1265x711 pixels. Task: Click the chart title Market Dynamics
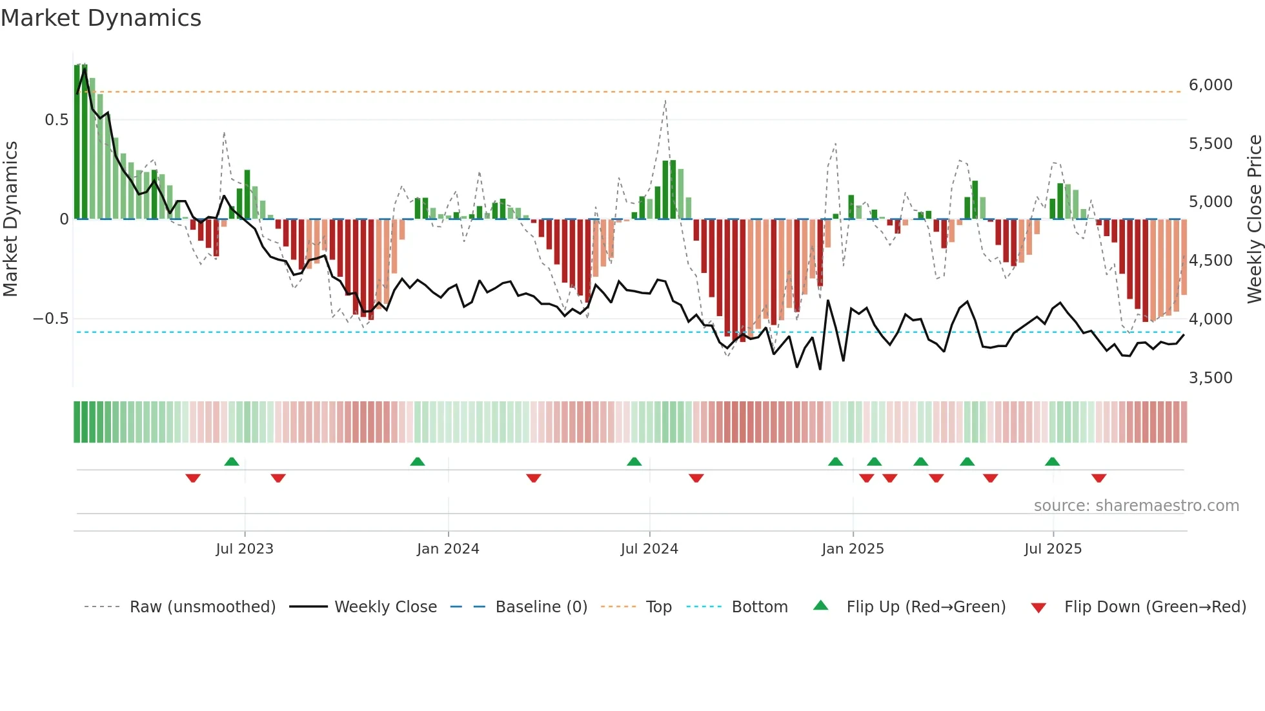click(x=101, y=18)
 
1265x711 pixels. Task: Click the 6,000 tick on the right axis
click(x=1210, y=85)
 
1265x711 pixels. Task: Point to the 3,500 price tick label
click(x=1210, y=378)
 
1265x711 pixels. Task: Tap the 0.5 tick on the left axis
click(x=56, y=120)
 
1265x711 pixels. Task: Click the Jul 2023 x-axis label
click(x=245, y=549)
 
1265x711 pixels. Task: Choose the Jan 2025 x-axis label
click(x=853, y=549)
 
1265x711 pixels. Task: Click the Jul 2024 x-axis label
click(x=649, y=549)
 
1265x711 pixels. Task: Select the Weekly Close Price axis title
click(x=1254, y=219)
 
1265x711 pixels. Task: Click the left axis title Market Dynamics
click(x=10, y=219)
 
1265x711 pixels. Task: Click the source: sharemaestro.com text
click(x=1136, y=506)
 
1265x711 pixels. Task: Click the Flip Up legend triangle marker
click(x=820, y=606)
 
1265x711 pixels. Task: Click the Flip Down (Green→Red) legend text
click(x=1155, y=607)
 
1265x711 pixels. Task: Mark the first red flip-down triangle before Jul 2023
click(x=193, y=478)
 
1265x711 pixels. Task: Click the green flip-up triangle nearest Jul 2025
click(x=1052, y=461)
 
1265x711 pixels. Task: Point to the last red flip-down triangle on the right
click(x=1099, y=478)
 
